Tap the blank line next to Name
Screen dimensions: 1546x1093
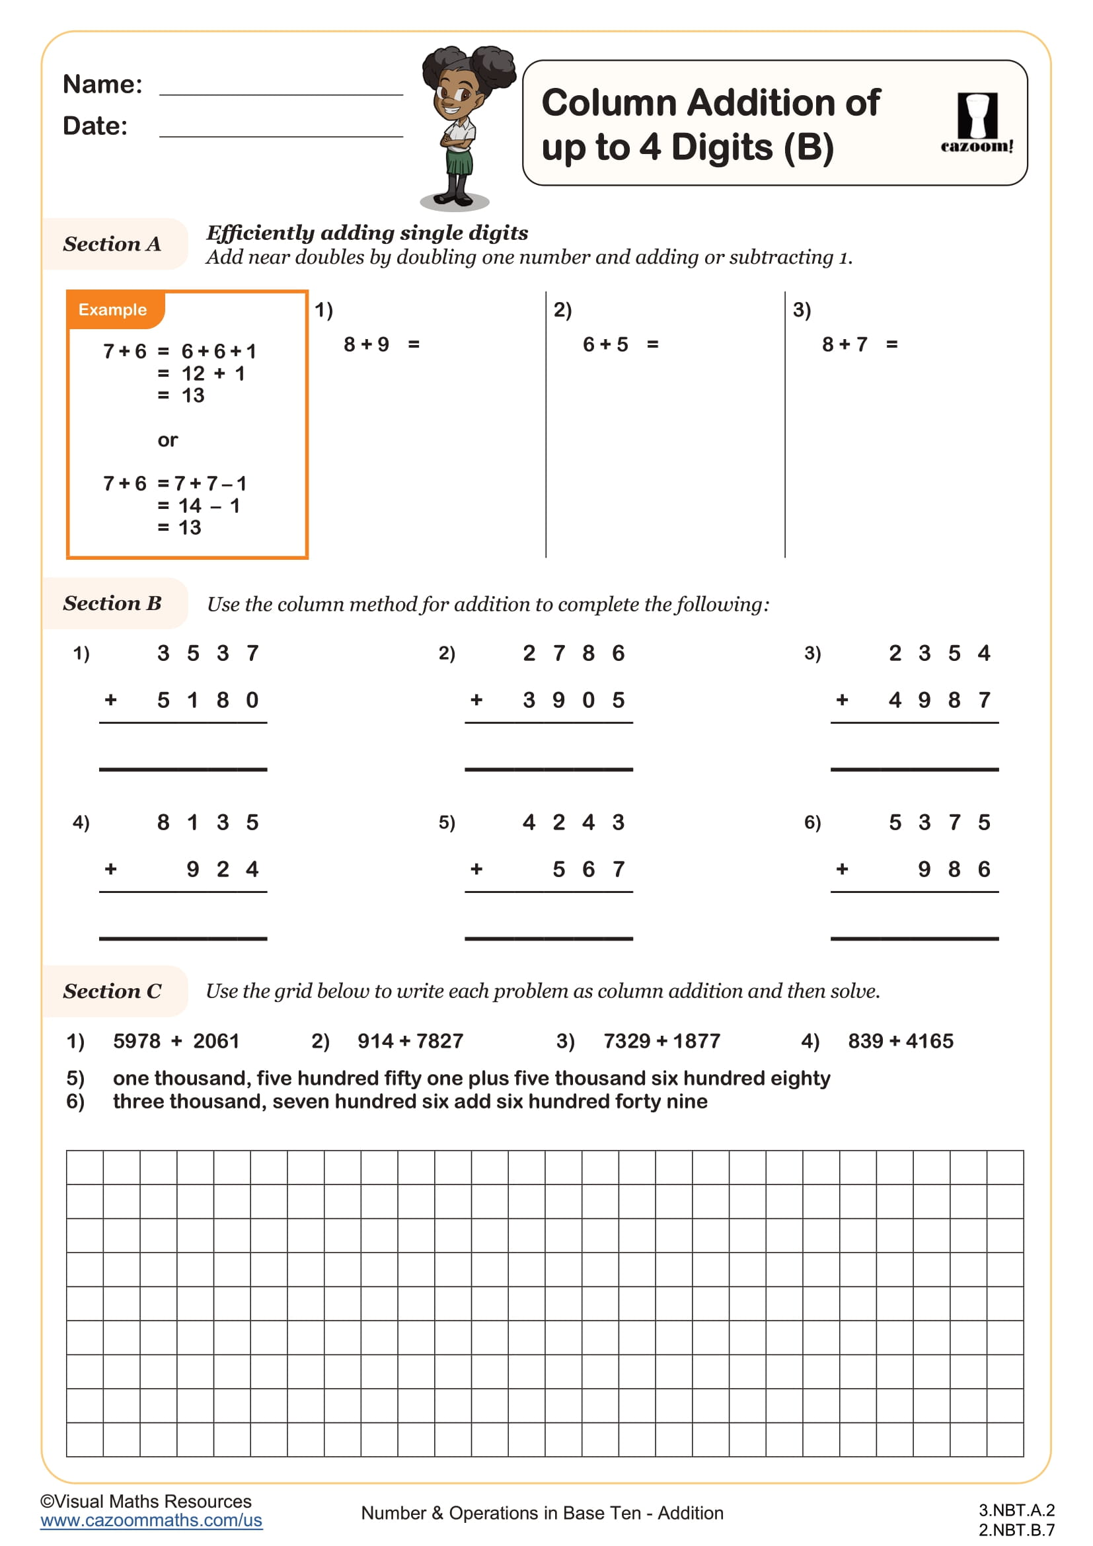pyautogui.click(x=281, y=93)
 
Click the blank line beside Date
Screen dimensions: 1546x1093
pyautogui.click(x=281, y=135)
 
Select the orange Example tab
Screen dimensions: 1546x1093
pyautogui.click(x=113, y=310)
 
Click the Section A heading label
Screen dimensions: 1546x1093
pyautogui.click(x=112, y=244)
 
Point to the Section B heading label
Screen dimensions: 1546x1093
pyautogui.click(x=112, y=603)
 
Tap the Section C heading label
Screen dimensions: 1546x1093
pyautogui.click(x=112, y=991)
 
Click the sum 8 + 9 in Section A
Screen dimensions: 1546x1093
pyautogui.click(x=366, y=345)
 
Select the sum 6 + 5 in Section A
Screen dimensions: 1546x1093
pyautogui.click(x=605, y=345)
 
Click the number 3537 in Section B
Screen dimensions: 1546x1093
pyautogui.click(x=207, y=653)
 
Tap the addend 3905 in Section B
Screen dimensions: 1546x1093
pyautogui.click(x=574, y=700)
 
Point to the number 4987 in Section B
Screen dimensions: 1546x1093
pyautogui.click(x=940, y=700)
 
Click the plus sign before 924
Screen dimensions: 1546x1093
pyautogui.click(x=111, y=869)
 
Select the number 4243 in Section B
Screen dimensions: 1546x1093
pyautogui.click(x=574, y=822)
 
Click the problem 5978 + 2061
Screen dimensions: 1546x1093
pyautogui.click(x=176, y=1041)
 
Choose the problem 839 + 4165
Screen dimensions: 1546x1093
pyautogui.click(x=901, y=1041)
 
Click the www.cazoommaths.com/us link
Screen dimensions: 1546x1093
pyautogui.click(x=151, y=1520)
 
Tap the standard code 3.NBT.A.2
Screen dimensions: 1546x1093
pyautogui.click(x=1016, y=1510)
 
